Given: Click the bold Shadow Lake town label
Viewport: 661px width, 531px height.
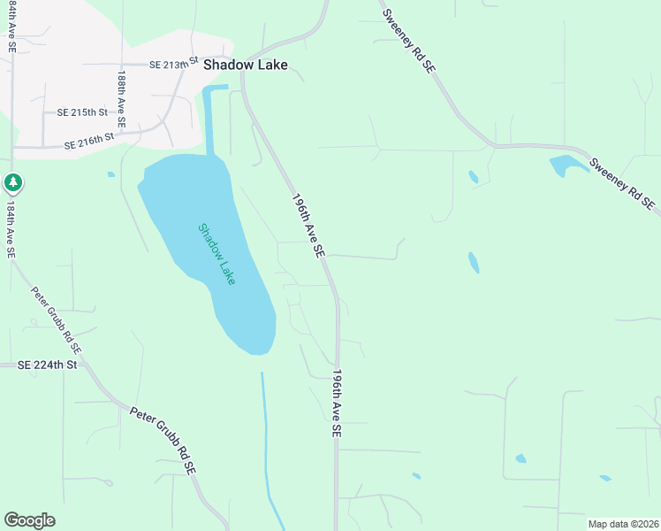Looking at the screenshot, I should coord(245,65).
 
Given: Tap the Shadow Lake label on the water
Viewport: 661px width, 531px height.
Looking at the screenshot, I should coord(217,253).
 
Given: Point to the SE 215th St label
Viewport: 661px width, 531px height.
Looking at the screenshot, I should coord(82,112).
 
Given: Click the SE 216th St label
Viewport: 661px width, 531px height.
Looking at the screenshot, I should coord(90,141).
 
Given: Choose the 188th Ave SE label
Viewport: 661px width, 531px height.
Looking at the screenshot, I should coord(121,101).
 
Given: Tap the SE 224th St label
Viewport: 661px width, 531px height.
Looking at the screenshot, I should coord(48,364).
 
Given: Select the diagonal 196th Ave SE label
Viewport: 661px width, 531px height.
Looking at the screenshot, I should coord(308,227).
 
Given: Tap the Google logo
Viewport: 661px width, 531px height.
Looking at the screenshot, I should coord(29,520).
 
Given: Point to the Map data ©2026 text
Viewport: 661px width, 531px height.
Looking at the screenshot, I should coord(622,524).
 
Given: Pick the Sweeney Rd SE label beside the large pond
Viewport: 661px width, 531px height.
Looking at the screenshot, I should coord(622,184).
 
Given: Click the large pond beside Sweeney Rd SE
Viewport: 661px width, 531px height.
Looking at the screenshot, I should coord(565,165).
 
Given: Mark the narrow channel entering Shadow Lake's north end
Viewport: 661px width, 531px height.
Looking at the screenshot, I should coord(209,119).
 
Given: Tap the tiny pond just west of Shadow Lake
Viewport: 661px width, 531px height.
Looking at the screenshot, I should coord(110,174).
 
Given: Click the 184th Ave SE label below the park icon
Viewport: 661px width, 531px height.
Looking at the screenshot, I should coord(11,229).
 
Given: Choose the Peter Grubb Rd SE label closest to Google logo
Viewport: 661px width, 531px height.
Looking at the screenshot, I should coord(163,442).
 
